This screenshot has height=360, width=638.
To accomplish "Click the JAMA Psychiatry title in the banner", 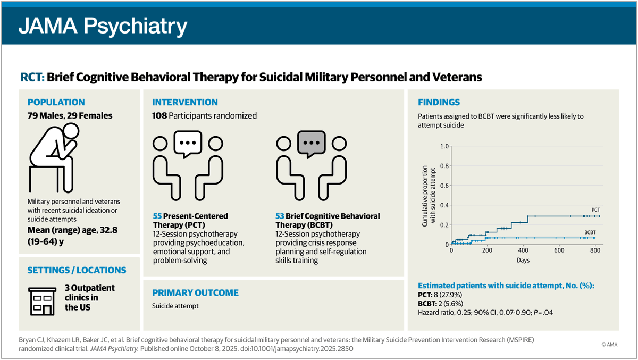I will pos(103,26).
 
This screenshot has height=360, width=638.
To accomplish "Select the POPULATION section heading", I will pos(56,102).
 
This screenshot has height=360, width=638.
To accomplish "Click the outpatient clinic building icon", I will pos(40,297).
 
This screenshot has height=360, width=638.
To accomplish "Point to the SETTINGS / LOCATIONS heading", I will pos(77,270).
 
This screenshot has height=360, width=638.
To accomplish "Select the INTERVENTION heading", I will pos(185,102).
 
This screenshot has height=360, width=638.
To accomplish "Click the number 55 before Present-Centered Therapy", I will pos(157,216).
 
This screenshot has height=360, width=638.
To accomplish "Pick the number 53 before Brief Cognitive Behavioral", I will pos(280,216).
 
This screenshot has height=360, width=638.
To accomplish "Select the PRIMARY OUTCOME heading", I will pos(195,292).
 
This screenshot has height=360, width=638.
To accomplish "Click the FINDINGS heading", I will pos(439,102).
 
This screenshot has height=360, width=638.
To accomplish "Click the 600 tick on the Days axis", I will pos(559,251).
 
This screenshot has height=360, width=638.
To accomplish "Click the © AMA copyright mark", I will pos(611,345).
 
